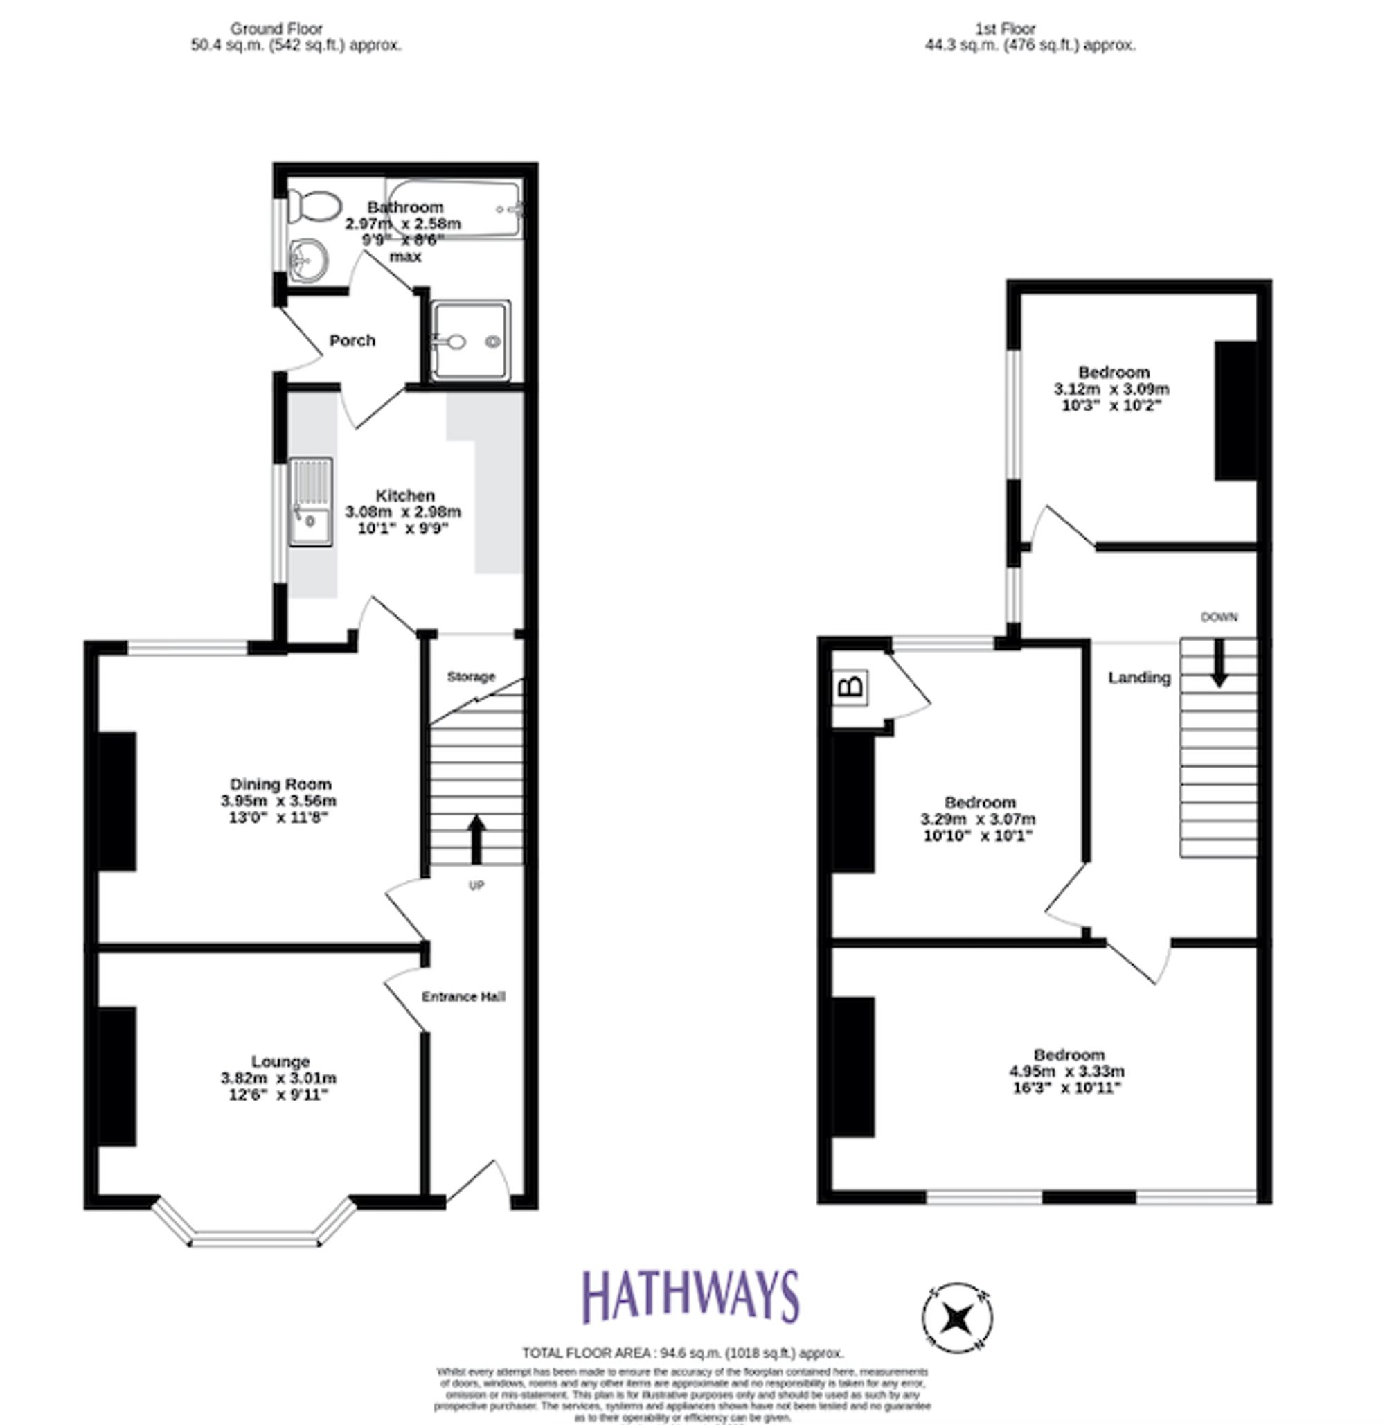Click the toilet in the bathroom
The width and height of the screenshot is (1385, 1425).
(314, 206)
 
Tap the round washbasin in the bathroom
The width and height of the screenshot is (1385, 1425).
(308, 259)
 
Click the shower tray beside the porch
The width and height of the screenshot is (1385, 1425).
(470, 341)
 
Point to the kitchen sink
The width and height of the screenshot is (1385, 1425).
(311, 502)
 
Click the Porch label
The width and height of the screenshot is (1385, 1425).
(352, 341)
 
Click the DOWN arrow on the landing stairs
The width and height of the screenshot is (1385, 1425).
(1219, 662)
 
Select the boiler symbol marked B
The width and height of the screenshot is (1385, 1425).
(852, 687)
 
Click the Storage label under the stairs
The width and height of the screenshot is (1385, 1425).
(471, 677)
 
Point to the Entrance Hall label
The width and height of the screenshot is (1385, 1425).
(463, 996)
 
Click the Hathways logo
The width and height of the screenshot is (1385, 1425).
(690, 1297)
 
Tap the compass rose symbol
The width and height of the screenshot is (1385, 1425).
(957, 1318)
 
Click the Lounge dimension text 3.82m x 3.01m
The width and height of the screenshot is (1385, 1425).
(278, 1078)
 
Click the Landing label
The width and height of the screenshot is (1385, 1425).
(1139, 678)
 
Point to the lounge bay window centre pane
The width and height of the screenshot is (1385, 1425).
(256, 1238)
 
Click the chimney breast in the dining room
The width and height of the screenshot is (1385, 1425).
(117, 802)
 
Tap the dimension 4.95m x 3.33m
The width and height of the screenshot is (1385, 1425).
(1066, 1071)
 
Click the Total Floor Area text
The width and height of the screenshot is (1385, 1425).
(682, 1352)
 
